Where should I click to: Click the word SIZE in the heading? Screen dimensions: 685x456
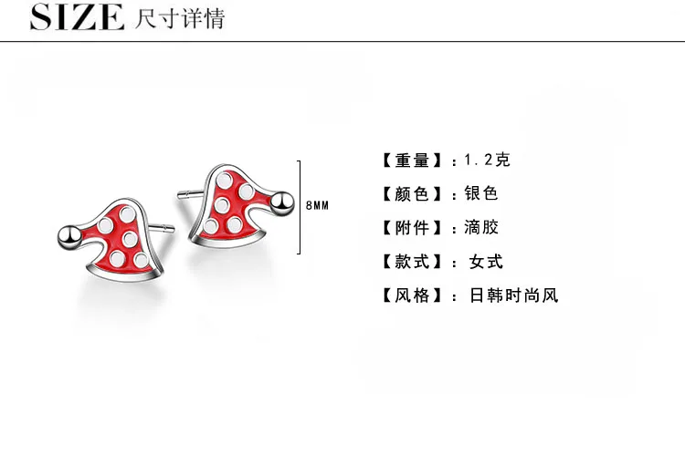pos(77,17)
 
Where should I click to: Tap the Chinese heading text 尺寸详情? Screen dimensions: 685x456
pos(180,18)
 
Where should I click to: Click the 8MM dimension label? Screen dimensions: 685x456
pos(317,205)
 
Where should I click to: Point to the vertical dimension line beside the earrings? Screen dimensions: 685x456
pos(300,207)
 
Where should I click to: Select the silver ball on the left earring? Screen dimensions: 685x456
pos(69,237)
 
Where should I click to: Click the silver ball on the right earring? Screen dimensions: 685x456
pos(282,203)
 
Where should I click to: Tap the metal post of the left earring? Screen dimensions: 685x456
pos(161,228)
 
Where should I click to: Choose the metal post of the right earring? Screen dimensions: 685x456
pos(191,193)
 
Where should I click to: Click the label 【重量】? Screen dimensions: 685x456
pos(412,161)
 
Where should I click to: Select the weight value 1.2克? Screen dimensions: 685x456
pos(487,161)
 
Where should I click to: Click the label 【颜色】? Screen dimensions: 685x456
pos(412,194)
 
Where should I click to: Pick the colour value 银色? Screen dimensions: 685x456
pos(481,193)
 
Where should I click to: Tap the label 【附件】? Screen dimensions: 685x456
pos(412,228)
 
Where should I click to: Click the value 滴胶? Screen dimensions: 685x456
pos(481,227)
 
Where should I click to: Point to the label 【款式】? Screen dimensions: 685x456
pos(412,262)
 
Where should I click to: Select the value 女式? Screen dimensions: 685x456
pos(486,262)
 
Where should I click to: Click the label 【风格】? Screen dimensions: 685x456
pos(412,295)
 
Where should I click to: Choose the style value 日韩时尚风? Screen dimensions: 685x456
pos(513,295)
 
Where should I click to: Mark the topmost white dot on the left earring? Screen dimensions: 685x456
pos(128,214)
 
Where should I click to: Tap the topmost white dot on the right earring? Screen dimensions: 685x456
pos(225,181)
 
